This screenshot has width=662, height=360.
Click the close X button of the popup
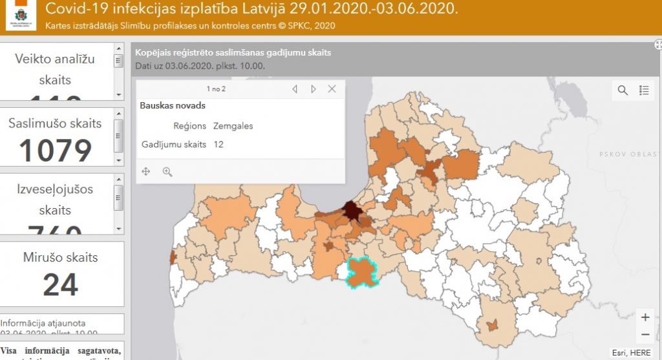(x=332, y=89)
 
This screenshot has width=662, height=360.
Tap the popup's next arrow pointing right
(x=314, y=89)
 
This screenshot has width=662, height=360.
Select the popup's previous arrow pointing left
(x=295, y=89)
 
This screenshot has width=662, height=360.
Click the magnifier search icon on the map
(x=623, y=90)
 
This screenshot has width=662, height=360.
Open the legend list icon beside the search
(x=644, y=90)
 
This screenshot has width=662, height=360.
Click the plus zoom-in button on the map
(x=645, y=317)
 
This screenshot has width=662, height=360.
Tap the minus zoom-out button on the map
(x=645, y=335)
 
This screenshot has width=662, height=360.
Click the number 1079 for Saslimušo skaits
(x=56, y=150)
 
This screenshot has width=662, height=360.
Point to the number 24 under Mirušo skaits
(x=60, y=284)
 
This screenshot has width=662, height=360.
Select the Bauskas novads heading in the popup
(x=173, y=105)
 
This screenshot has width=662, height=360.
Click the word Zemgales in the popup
(x=233, y=126)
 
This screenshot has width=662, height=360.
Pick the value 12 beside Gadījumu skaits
(x=219, y=144)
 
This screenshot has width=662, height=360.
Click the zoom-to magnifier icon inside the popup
(x=167, y=171)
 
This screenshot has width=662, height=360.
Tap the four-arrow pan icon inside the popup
(x=146, y=171)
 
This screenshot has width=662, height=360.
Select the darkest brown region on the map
(x=352, y=210)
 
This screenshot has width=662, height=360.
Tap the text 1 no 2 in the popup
(x=216, y=89)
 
